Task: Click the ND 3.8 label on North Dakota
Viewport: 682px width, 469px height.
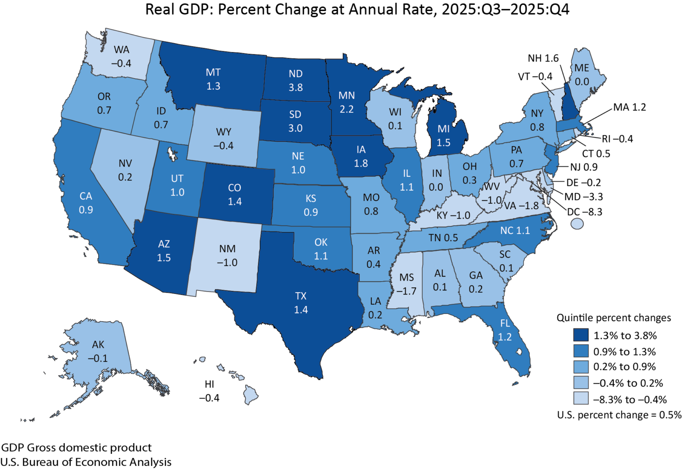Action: pos(296,80)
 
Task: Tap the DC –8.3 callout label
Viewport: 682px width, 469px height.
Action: pos(584,212)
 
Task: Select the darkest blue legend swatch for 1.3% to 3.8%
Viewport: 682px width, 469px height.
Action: pos(580,335)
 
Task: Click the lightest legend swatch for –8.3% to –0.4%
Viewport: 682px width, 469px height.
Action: pos(580,399)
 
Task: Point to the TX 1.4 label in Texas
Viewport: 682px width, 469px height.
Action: pos(301,303)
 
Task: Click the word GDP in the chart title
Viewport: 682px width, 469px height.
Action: pos(192,9)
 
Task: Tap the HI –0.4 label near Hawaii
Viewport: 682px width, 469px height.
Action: pos(209,391)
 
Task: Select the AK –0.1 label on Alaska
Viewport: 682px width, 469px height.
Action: pos(98,351)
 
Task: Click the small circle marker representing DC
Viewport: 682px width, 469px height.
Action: pos(577,224)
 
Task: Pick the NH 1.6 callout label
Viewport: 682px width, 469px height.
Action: pos(543,58)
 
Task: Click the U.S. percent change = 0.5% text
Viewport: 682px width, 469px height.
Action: pos(619,415)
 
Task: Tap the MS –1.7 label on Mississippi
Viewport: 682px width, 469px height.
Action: pos(406,284)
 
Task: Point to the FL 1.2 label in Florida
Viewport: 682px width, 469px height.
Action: pos(505,330)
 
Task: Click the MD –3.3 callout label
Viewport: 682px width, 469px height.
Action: pos(583,197)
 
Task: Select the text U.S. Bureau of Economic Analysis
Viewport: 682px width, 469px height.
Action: pos(86,462)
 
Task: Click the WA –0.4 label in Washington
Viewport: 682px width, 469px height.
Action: pos(121,56)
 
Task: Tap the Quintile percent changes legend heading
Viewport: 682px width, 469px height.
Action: pos(614,318)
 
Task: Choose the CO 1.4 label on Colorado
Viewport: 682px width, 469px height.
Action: pos(234,195)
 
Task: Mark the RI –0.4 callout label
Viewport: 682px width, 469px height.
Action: pos(617,139)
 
